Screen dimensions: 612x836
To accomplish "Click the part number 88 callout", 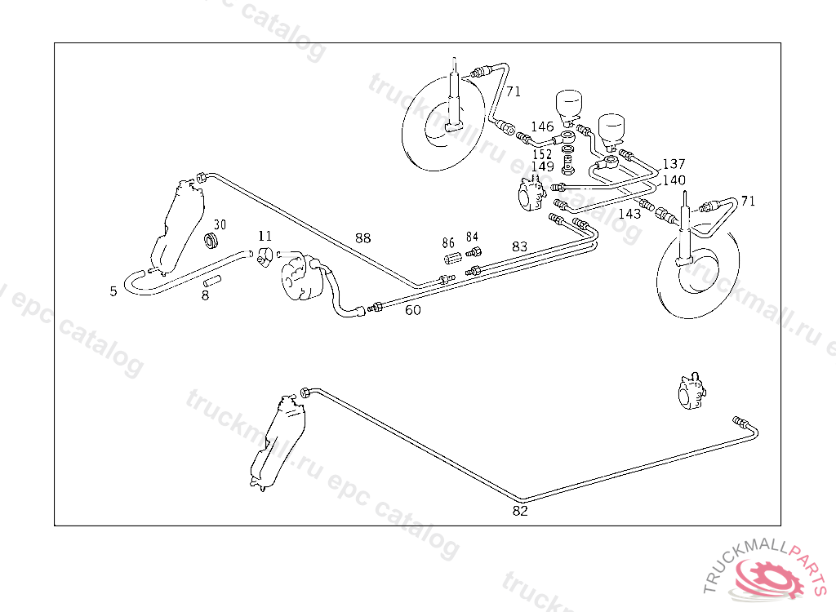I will click(362, 238).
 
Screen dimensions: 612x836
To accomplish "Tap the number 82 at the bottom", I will click(520, 512).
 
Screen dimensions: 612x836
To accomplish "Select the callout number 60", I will click(413, 310).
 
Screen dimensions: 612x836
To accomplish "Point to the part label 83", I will click(520, 246).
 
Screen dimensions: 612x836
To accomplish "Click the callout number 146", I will click(543, 126).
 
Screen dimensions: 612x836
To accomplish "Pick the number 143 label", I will click(629, 214).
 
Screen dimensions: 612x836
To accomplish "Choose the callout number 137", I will click(674, 164).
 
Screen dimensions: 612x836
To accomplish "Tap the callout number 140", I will click(674, 180).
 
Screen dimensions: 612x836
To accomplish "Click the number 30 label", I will click(220, 224).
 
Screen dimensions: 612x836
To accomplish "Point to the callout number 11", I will click(265, 237).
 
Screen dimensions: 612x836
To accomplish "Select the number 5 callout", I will click(113, 290).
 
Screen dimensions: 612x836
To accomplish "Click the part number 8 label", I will click(205, 295).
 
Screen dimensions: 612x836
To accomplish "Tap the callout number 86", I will click(448, 242).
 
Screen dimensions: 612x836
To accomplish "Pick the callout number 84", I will click(472, 237).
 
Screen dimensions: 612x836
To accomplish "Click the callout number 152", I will click(542, 154).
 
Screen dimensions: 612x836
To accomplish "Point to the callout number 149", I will click(542, 166).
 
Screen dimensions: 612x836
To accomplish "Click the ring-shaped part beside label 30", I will click(211, 240).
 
